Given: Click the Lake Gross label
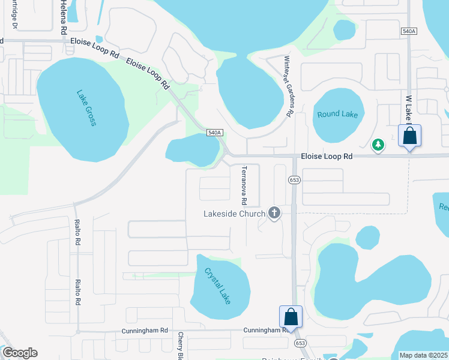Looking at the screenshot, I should [x=86, y=108].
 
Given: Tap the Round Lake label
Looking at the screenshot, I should [x=337, y=114].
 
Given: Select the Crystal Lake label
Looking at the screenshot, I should [x=217, y=284].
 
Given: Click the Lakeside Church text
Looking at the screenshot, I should [x=234, y=214].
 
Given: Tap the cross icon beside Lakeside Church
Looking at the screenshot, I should [x=274, y=213].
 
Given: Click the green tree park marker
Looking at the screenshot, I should [x=378, y=145].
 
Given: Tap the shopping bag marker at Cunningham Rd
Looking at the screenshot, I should [x=291, y=317].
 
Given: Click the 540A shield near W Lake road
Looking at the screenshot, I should [x=409, y=31].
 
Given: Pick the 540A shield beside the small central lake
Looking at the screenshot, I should [x=214, y=133].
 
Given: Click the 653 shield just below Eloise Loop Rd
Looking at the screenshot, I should [x=294, y=179].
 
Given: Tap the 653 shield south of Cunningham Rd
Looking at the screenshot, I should [x=300, y=342].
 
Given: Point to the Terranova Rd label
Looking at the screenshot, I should [x=244, y=184].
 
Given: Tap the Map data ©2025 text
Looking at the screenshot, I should [x=423, y=355].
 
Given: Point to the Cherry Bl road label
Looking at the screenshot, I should [x=180, y=346].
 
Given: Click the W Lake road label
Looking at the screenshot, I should [x=408, y=108].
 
